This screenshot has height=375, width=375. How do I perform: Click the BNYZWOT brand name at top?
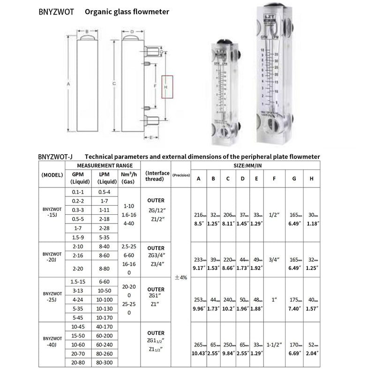click(56, 12)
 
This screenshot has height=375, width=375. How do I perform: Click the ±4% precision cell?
click(180, 277)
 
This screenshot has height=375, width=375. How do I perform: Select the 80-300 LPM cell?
click(104, 362)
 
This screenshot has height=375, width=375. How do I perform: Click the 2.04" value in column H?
click(311, 352)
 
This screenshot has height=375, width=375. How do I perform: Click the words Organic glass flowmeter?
click(127, 12)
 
